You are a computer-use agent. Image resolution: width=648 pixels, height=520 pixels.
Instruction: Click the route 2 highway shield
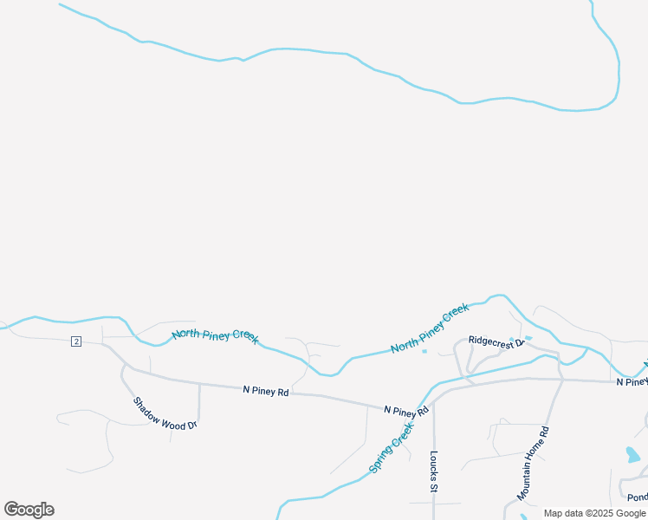click(x=76, y=341)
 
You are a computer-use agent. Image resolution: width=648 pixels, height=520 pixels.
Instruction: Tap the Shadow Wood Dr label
click(x=166, y=413)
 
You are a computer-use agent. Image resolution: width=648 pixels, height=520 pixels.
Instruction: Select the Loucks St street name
click(x=433, y=472)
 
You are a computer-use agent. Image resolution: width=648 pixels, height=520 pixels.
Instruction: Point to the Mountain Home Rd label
click(x=534, y=464)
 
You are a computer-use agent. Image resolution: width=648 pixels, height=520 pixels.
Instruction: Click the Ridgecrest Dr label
click(x=497, y=341)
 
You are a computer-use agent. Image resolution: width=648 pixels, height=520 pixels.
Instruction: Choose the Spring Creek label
click(x=392, y=442)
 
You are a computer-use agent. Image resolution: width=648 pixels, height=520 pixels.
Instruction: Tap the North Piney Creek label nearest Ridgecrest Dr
click(x=430, y=328)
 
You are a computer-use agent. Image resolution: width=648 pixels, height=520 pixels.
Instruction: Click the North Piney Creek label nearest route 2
click(x=215, y=335)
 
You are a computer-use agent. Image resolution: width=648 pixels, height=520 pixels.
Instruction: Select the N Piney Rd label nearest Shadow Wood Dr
click(x=265, y=392)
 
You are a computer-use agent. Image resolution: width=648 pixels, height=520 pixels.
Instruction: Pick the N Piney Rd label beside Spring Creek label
click(x=406, y=410)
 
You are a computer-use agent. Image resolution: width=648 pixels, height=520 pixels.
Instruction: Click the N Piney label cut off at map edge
click(x=632, y=382)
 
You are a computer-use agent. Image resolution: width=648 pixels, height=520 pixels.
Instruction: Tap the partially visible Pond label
click(x=637, y=497)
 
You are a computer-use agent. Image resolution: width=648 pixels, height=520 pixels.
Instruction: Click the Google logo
click(x=29, y=510)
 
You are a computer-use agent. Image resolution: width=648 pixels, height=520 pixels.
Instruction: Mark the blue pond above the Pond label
click(x=634, y=453)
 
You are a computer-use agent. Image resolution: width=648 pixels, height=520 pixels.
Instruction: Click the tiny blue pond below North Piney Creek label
click(x=424, y=351)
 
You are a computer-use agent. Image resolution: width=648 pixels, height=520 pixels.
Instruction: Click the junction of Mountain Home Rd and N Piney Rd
click(x=561, y=380)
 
